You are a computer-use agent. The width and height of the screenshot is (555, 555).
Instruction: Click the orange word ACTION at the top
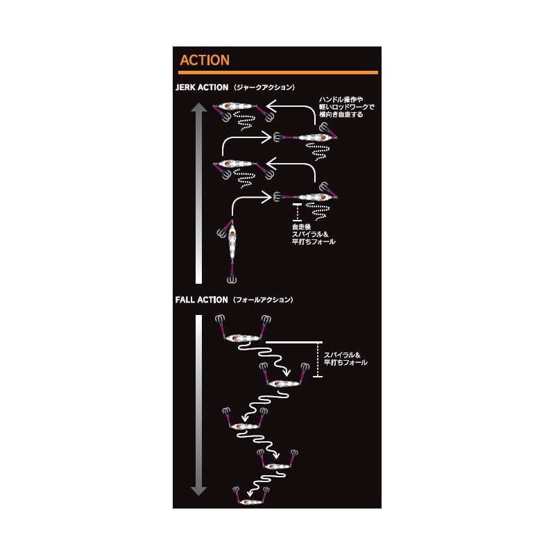pyautogui.click(x=205, y=60)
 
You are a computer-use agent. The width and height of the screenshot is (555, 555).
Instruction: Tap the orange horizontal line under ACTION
pyautogui.click(x=278, y=73)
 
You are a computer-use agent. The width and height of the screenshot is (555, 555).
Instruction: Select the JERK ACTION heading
pyautogui.click(x=202, y=87)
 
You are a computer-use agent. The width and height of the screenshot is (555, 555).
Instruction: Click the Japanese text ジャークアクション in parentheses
pyautogui.click(x=264, y=87)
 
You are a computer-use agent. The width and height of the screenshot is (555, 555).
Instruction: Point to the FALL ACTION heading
pyautogui.click(x=201, y=300)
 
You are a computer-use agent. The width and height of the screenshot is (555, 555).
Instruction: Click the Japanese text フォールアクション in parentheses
pyautogui.click(x=264, y=300)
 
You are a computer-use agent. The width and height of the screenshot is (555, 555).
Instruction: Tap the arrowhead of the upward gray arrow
pyautogui.click(x=199, y=108)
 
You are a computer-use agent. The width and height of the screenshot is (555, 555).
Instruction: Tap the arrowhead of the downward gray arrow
pyautogui.click(x=198, y=491)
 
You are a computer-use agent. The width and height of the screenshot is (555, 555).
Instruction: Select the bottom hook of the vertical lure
pyautogui.click(x=232, y=280)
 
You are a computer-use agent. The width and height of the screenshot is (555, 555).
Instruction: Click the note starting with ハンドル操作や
pyautogui.click(x=346, y=107)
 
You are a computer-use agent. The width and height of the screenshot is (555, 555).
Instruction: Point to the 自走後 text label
pyautogui.click(x=301, y=227)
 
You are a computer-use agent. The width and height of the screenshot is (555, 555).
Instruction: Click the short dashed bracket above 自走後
pyautogui.click(x=298, y=212)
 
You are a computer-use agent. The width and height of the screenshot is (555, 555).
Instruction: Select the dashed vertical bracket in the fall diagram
pyautogui.click(x=318, y=359)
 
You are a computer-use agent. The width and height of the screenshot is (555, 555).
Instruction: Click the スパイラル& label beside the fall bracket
pyautogui.click(x=342, y=355)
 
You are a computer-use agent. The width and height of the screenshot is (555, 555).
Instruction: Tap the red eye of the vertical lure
pyautogui.click(x=232, y=234)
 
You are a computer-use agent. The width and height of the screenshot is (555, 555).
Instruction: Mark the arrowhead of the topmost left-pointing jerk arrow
pyautogui.click(x=271, y=105)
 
